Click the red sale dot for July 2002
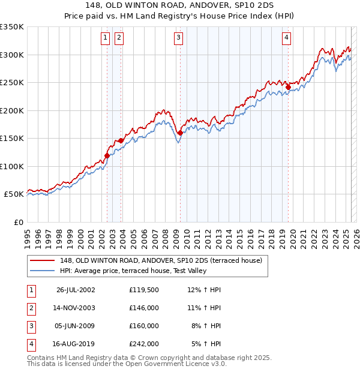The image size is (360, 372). tap(107, 155)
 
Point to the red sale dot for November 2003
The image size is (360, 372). tap(121, 140)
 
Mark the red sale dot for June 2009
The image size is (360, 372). tap(180, 133)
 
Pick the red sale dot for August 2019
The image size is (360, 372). tap(288, 87)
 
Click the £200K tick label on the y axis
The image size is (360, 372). tap(12, 110)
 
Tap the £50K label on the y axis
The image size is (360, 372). tap(14, 194)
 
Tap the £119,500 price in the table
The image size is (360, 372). tap(144, 290)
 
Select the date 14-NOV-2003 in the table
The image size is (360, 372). tap(76, 308)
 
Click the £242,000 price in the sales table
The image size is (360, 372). tap(144, 344)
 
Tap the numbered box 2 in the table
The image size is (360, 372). tap(30, 308)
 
